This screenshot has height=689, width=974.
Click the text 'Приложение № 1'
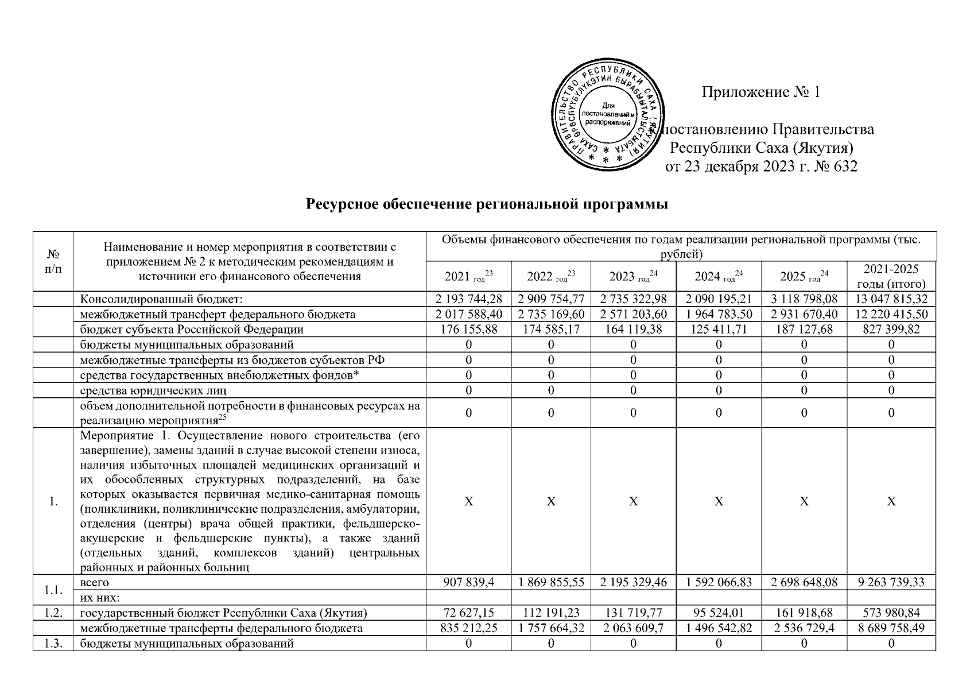[761, 92]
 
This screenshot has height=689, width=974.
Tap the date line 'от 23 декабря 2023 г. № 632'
[761, 167]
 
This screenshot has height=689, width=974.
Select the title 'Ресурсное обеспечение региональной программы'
[487, 204]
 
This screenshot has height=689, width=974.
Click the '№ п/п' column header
[53, 261]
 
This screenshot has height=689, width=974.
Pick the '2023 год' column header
[633, 277]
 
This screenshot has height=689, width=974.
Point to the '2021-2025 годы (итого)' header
[891, 276]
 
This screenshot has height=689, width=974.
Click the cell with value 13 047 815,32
[891, 299]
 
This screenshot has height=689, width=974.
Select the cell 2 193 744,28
[468, 299]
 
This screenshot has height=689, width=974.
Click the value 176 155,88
[468, 330]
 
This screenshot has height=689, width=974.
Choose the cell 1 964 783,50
[719, 315]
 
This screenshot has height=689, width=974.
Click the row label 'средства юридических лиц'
[153, 390]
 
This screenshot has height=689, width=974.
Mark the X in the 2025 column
[804, 501]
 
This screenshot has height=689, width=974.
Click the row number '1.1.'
[53, 590]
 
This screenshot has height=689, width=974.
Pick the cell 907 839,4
[468, 582]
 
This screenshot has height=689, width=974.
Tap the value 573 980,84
[891, 613]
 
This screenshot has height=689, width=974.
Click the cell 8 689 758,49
[891, 628]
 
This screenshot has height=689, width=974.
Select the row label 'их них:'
[99, 598]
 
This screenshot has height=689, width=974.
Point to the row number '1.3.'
[53, 644]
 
